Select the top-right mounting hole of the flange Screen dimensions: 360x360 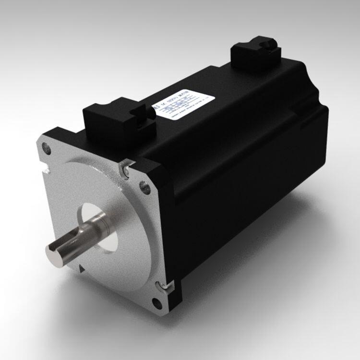(x=143, y=184)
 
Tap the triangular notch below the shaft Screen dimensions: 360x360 (x=82, y=264)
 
